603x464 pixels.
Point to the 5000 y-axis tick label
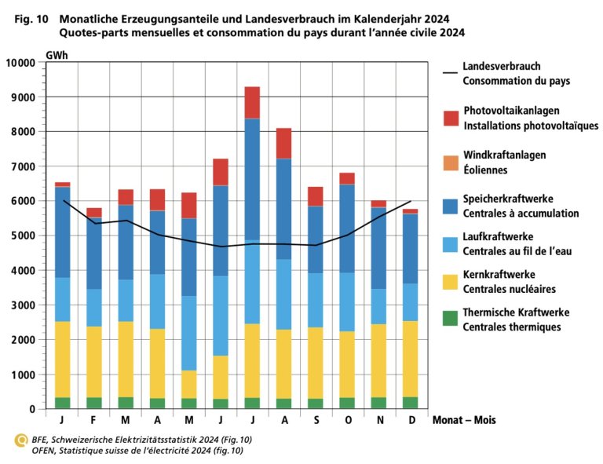23,236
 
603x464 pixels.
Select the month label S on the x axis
315,420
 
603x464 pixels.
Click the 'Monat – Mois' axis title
465,420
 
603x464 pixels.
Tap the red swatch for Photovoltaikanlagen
451,119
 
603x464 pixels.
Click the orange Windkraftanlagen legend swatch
451,163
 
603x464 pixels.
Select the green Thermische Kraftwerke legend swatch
451,319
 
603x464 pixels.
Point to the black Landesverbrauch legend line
451,74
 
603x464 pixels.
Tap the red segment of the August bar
283,143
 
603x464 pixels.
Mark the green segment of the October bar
347,403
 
